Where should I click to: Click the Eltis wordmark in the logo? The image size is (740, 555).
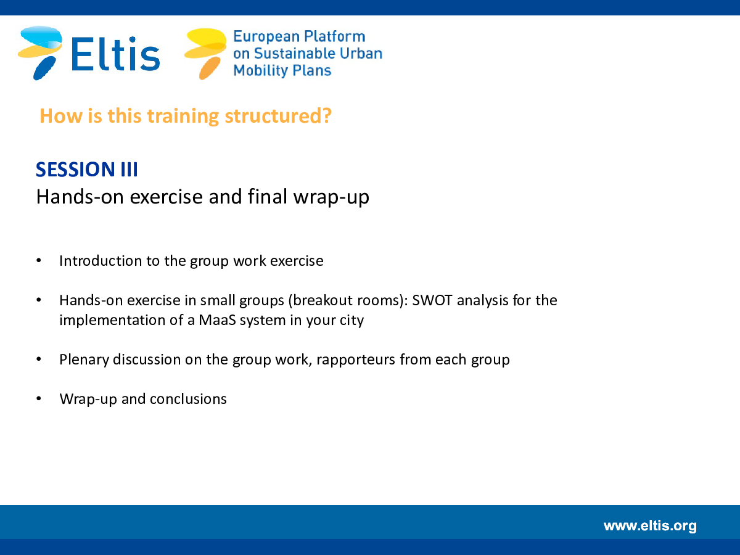[115, 54]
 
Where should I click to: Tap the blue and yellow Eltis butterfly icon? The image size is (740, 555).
[41, 53]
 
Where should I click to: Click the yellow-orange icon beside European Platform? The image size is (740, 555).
[205, 54]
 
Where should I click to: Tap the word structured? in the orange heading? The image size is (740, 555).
[278, 116]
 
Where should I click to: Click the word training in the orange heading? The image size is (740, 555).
[183, 117]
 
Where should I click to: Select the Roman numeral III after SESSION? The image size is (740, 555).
[129, 169]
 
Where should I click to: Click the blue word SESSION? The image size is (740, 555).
[75, 169]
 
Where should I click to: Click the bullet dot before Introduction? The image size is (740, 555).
[39, 260]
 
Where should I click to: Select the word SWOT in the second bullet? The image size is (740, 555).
[432, 300]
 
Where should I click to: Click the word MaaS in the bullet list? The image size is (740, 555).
[217, 320]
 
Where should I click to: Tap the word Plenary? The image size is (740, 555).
[84, 360]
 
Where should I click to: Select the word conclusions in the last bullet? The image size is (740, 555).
[188, 399]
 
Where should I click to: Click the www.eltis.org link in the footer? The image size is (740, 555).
[650, 526]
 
